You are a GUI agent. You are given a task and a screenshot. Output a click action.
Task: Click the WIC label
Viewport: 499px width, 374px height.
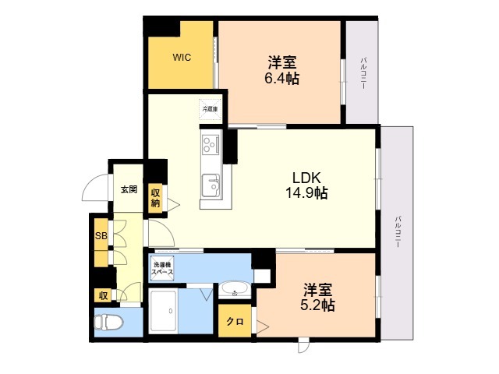click(182, 58)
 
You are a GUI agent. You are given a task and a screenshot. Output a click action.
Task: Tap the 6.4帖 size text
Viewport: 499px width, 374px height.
click(282, 78)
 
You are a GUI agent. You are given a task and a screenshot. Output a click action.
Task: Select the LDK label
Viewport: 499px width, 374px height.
click(306, 178)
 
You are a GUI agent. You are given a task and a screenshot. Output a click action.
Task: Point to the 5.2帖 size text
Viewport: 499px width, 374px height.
click(317, 305)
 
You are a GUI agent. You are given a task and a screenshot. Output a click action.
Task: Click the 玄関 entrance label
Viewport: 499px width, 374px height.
click(129, 189)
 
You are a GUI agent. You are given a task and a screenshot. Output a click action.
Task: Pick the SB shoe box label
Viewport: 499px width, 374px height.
click(101, 236)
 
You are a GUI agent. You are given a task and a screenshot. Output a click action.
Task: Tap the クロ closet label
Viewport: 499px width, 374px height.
click(235, 322)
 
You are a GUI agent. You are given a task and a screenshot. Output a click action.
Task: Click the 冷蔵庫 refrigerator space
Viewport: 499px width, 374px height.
click(210, 109)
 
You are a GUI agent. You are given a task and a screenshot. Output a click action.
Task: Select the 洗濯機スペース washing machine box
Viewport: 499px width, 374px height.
click(162, 268)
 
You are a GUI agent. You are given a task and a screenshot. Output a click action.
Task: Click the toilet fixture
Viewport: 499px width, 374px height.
click(108, 322)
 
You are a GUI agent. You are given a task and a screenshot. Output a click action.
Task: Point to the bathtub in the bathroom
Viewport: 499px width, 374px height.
click(164, 312)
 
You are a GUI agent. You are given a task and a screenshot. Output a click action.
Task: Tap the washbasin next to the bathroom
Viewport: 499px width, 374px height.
click(235, 289)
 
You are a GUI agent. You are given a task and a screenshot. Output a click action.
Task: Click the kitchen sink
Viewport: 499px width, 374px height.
click(211, 185)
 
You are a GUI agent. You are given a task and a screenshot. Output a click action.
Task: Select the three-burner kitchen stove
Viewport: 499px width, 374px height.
click(211, 144)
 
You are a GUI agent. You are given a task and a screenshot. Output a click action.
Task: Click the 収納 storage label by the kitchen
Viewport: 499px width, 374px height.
click(155, 198)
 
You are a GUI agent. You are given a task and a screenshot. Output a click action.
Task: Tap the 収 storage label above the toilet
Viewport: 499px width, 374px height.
click(103, 296)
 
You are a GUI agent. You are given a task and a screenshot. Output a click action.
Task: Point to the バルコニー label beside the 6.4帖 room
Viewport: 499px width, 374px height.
click(363, 72)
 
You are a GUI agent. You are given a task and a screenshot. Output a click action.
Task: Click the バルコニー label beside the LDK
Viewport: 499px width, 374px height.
click(398, 232)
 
